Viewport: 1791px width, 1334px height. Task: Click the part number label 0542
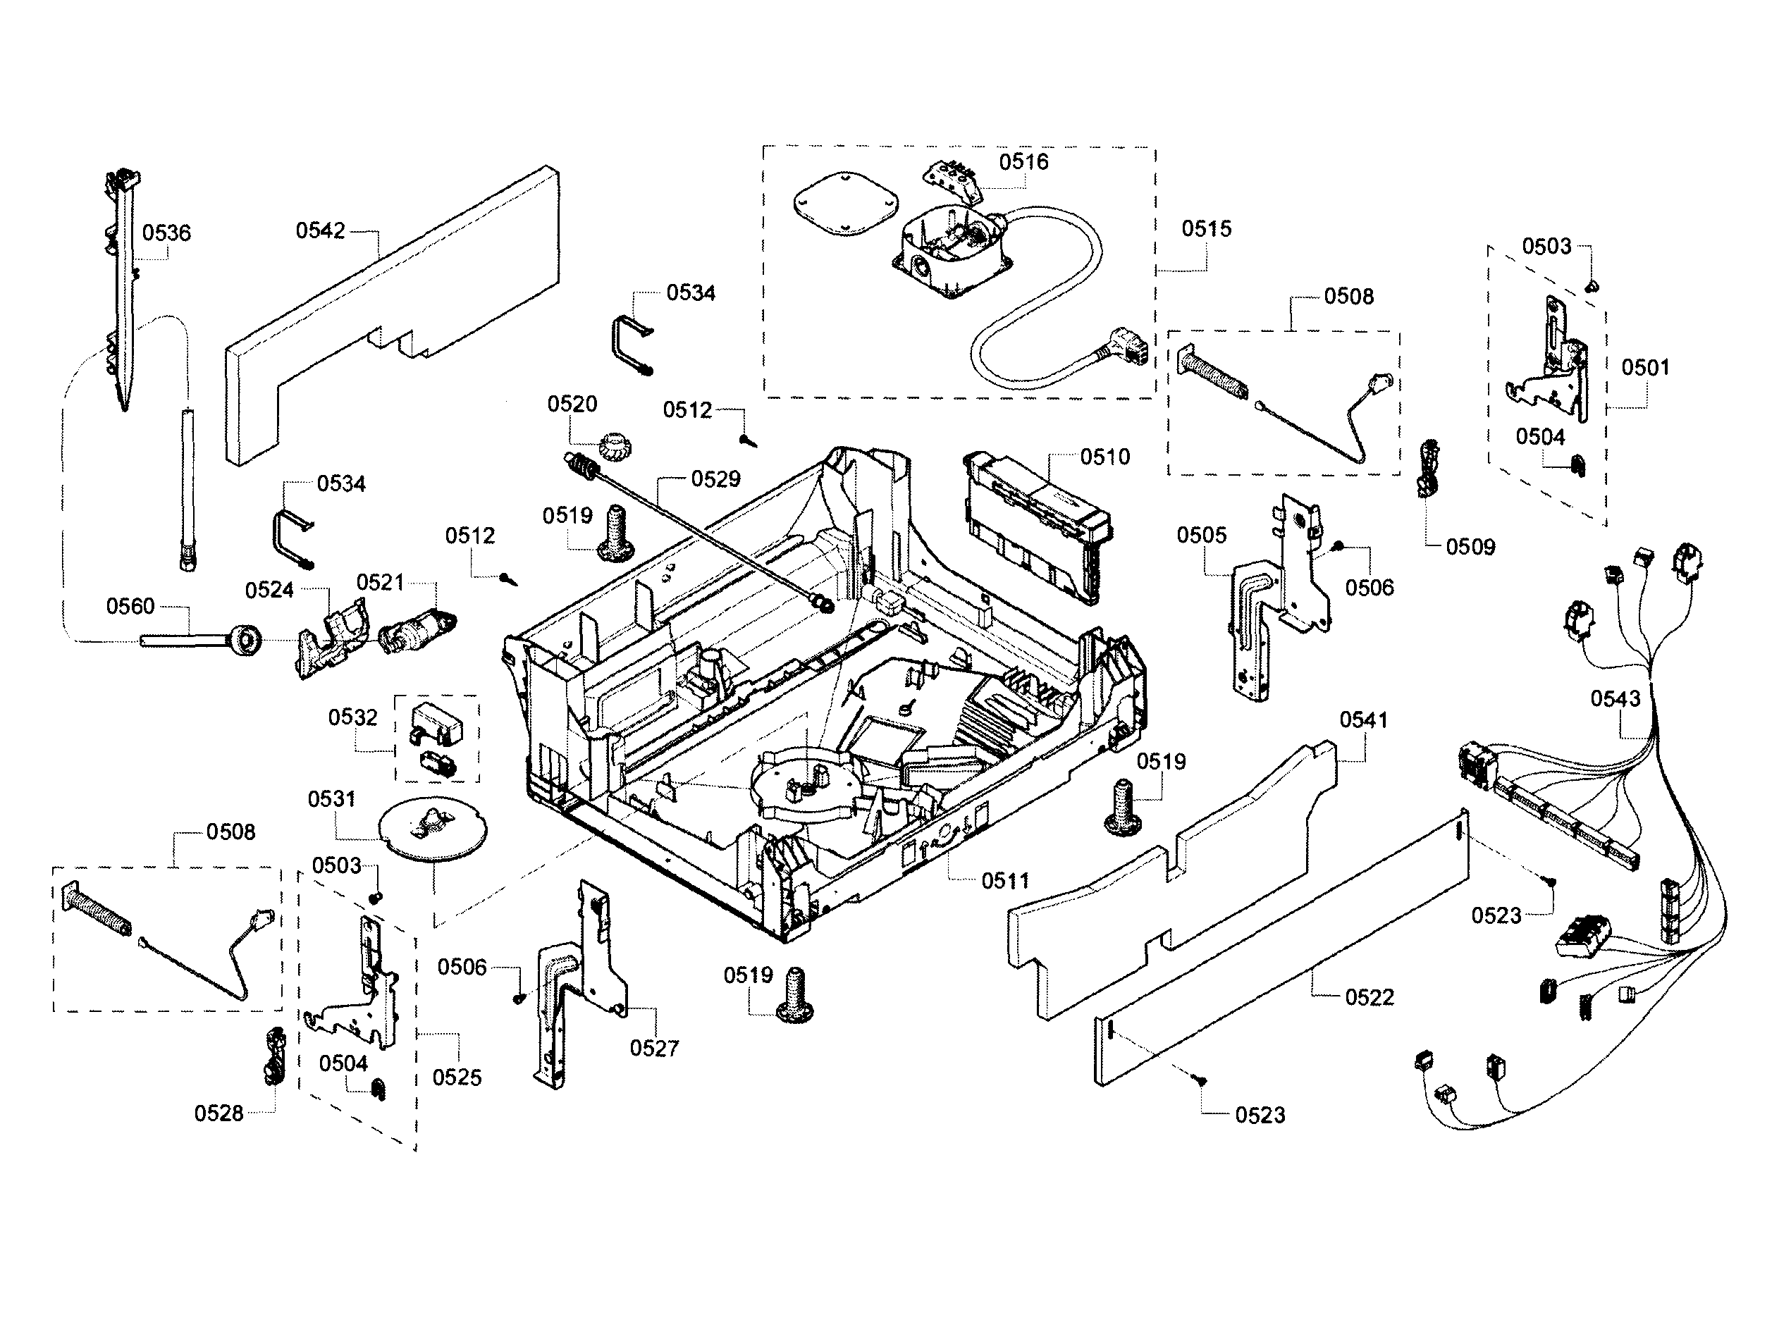click(x=320, y=231)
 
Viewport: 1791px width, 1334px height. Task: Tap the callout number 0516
click(x=1023, y=162)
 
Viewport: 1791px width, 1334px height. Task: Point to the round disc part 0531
click(x=433, y=829)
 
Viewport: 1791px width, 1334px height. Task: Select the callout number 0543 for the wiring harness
click(x=1615, y=698)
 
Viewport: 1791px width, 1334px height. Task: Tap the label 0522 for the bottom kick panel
click(x=1369, y=997)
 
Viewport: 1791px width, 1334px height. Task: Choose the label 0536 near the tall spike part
click(x=166, y=233)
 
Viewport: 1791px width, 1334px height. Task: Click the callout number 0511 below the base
click(x=1005, y=881)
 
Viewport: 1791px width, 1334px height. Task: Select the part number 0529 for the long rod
click(x=715, y=480)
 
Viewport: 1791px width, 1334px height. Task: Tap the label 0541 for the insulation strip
click(x=1363, y=720)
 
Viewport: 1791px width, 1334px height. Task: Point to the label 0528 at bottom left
click(x=218, y=1113)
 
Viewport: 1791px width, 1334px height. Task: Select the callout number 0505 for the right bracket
click(x=1201, y=536)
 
